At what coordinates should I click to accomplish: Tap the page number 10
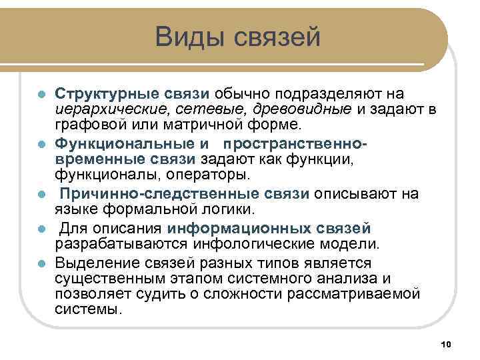point(447,343)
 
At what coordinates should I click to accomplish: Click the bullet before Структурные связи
point(41,94)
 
